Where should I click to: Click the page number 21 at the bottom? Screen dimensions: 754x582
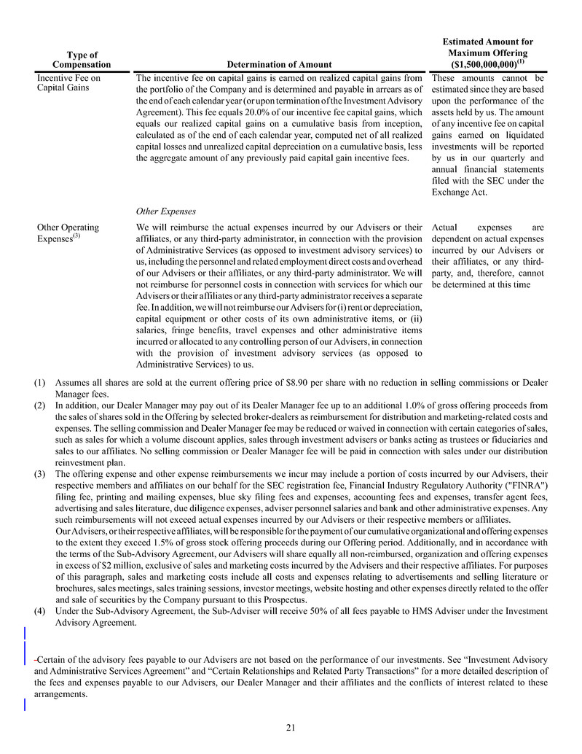(291, 726)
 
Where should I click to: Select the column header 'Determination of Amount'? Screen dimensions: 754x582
(280, 65)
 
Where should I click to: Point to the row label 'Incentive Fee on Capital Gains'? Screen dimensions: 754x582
(69, 82)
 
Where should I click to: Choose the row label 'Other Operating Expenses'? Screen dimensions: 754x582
(68, 233)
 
